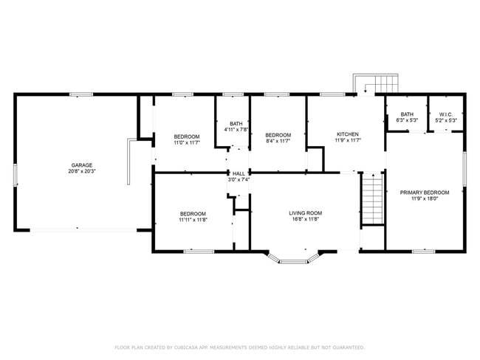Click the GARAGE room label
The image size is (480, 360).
[x=82, y=165]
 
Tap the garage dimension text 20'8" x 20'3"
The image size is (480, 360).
[x=82, y=171]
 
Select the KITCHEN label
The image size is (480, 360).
[x=346, y=134]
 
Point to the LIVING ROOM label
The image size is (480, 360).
[x=305, y=213]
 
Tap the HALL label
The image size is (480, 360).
[x=239, y=173]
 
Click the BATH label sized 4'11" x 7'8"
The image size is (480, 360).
[x=236, y=124]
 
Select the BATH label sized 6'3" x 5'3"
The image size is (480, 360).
[x=407, y=114]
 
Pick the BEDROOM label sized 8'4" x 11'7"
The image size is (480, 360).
[x=278, y=135]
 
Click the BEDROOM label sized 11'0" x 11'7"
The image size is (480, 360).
[x=186, y=136]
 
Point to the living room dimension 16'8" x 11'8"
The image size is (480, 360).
[x=305, y=220]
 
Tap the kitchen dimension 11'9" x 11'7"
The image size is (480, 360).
[x=346, y=140]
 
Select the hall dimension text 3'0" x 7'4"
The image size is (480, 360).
[x=239, y=179]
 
